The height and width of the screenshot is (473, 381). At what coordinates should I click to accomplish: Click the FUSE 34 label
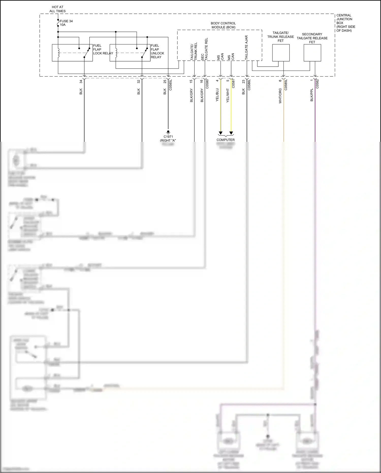[66, 21]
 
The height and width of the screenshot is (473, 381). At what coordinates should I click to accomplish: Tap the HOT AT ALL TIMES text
[57, 9]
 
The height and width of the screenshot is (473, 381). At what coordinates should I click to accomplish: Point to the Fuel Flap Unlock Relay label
[157, 51]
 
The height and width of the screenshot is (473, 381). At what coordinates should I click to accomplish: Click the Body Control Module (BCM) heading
[223, 25]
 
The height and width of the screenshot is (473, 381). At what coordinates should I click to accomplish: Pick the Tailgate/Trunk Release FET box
[281, 53]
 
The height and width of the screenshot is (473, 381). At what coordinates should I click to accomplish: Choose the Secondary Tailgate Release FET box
[312, 53]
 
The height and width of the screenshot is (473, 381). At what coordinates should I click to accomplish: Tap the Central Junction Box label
[345, 23]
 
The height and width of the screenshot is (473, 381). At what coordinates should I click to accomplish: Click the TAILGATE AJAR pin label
[246, 48]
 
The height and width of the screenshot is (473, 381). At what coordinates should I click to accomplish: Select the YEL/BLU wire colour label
[217, 95]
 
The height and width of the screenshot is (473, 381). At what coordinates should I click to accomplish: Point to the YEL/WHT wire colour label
[228, 96]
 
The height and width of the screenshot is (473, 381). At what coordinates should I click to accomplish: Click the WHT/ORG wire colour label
[280, 96]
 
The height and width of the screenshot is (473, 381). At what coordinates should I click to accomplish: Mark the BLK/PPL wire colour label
[312, 95]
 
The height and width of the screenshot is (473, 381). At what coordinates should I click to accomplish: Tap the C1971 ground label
[168, 137]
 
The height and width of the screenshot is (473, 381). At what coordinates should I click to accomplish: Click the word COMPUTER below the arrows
[226, 140]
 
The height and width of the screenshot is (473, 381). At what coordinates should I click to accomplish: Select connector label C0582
[317, 84]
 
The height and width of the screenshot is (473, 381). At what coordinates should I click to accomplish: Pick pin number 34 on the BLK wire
[81, 82]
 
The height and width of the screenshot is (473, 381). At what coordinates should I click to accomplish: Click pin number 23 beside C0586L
[243, 82]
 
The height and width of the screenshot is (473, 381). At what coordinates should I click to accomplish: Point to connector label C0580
[207, 84]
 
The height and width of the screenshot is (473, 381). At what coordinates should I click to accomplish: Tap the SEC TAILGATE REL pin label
[204, 49]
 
